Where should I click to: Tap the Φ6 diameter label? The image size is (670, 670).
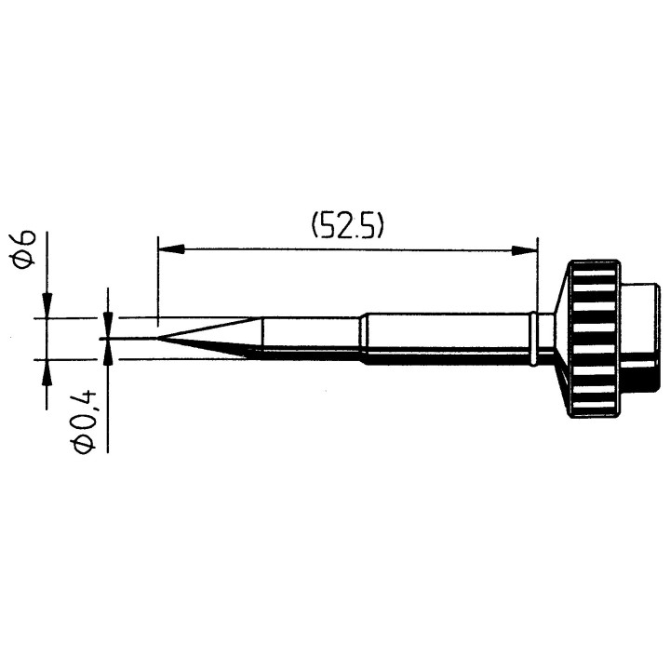point(27,249)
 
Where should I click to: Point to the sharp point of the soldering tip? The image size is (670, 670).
point(159,338)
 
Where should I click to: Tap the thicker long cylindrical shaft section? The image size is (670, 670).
point(447,337)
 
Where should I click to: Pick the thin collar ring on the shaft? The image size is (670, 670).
point(533,338)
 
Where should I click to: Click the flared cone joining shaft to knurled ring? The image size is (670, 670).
point(559,338)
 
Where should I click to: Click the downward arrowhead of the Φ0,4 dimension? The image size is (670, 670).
point(109,325)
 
